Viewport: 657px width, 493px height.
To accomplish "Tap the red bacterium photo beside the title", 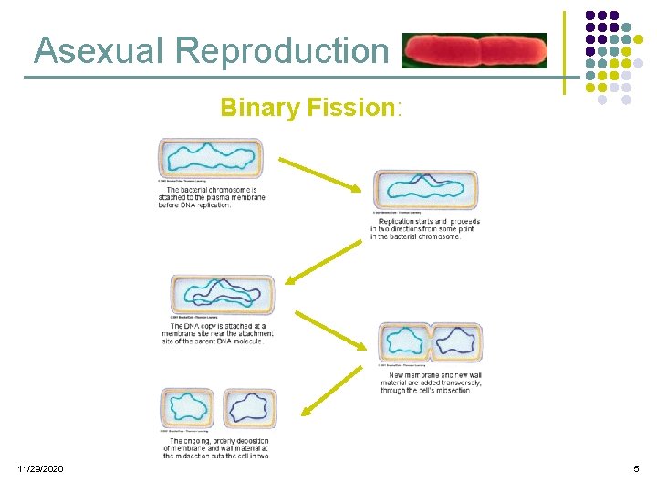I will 474,51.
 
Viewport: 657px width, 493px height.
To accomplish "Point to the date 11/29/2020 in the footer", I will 40,468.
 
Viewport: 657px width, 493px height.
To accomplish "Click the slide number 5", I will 636,468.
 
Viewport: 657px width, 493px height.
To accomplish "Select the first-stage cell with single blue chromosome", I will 210,158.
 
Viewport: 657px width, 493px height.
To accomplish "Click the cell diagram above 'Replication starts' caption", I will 425,190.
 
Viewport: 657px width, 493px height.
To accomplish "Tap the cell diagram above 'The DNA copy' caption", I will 222,295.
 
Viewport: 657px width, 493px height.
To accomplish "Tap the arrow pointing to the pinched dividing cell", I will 329,330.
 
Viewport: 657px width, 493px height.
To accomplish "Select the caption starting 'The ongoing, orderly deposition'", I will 216,447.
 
